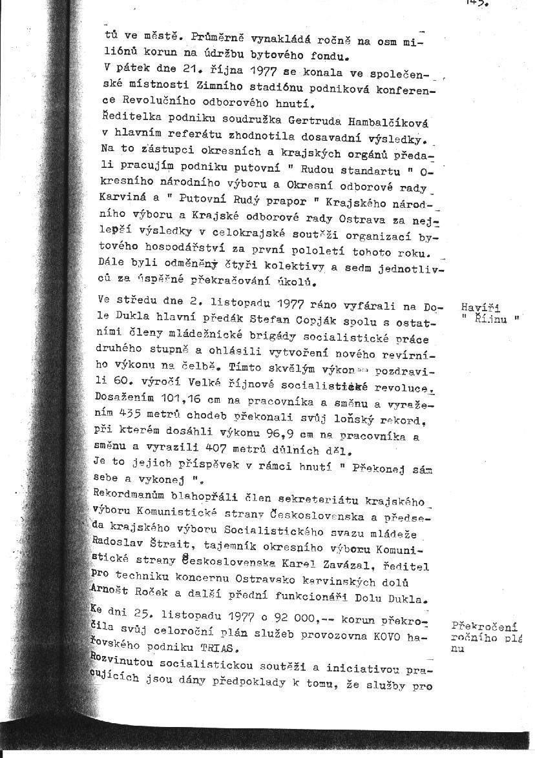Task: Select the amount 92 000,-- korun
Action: click(x=295, y=620)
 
